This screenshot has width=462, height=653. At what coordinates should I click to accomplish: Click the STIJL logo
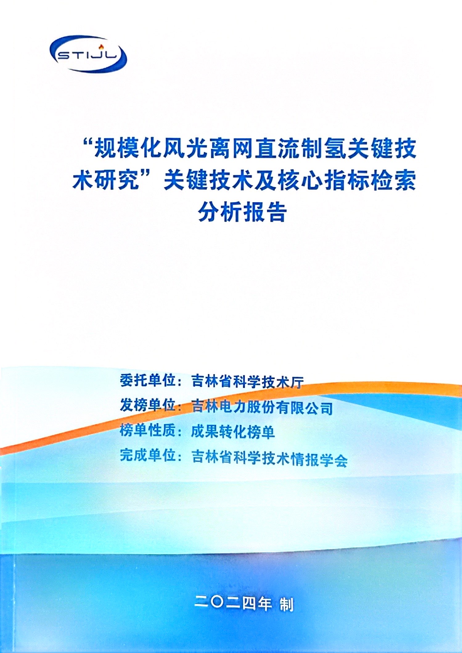[x=88, y=54]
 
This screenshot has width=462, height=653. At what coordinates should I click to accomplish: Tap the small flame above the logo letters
[x=100, y=47]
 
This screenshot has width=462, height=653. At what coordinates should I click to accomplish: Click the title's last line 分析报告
[x=242, y=212]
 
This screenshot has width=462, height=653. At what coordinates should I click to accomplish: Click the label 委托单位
[x=148, y=381]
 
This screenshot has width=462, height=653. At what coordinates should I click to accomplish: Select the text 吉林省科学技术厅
[x=247, y=382]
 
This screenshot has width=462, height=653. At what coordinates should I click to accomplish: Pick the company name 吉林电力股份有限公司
[x=262, y=407]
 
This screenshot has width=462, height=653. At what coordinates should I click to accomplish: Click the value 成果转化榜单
[x=233, y=432]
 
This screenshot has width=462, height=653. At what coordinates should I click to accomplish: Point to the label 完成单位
[x=148, y=455]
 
